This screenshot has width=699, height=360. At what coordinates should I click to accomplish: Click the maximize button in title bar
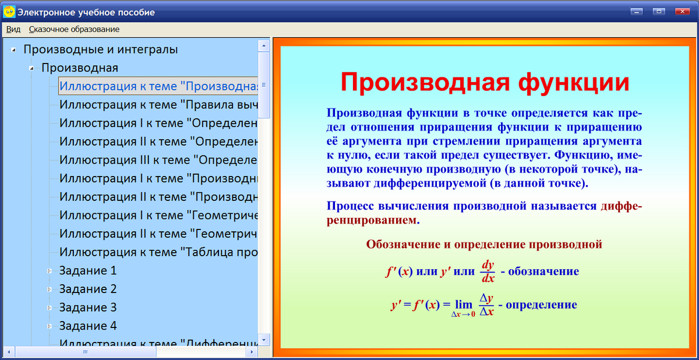tap(658, 11)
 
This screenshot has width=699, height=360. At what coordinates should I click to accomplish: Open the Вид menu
tap(13, 29)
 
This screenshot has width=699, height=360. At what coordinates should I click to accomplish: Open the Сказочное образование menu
tap(74, 29)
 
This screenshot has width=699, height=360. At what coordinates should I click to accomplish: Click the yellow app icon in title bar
tap(9, 12)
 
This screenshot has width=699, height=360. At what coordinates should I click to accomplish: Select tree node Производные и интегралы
tap(100, 50)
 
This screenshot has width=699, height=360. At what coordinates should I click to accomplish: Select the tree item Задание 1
tap(88, 270)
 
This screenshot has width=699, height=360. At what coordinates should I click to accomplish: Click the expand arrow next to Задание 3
tap(50, 308)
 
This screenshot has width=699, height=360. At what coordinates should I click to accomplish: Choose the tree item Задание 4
tap(88, 326)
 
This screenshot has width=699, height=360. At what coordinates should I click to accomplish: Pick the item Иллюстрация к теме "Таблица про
tap(158, 252)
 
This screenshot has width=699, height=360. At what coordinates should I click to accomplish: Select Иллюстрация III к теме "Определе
tap(158, 160)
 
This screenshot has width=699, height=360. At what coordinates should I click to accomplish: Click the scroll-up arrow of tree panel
tap(264, 45)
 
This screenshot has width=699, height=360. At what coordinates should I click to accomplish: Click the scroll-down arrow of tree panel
tap(264, 339)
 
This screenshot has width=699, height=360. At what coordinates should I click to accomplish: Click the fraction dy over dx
tap(488, 271)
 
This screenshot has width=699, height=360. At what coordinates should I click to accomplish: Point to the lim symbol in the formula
tap(464, 304)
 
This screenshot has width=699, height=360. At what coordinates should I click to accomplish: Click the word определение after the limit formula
tap(541, 305)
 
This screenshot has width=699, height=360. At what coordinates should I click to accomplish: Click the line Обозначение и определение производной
tap(483, 244)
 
